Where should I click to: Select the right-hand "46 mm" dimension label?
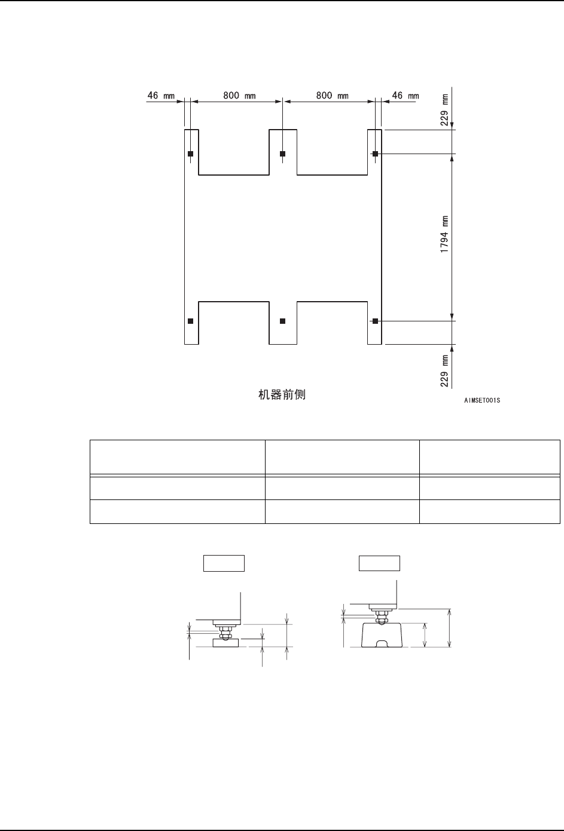pyautogui.click(x=405, y=95)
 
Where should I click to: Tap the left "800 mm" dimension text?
pyautogui.click(x=239, y=95)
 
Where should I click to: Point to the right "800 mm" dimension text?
pyautogui.click(x=332, y=95)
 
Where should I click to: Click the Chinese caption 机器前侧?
pyautogui.click(x=282, y=394)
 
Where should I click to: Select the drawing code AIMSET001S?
pyautogui.click(x=481, y=400)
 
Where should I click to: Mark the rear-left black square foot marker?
pyautogui.click(x=190, y=154)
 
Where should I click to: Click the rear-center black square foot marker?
pyautogui.click(x=283, y=154)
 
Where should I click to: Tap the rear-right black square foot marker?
pyautogui.click(x=375, y=154)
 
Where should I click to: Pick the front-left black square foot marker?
pyautogui.click(x=190, y=321)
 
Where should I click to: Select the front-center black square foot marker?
pyautogui.click(x=283, y=321)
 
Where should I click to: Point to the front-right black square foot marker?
pyautogui.click(x=375, y=321)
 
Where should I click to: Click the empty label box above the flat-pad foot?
pyautogui.click(x=224, y=563)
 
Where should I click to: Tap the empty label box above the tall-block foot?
pyautogui.click(x=379, y=563)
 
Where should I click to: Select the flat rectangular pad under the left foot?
pyautogui.click(x=225, y=643)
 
